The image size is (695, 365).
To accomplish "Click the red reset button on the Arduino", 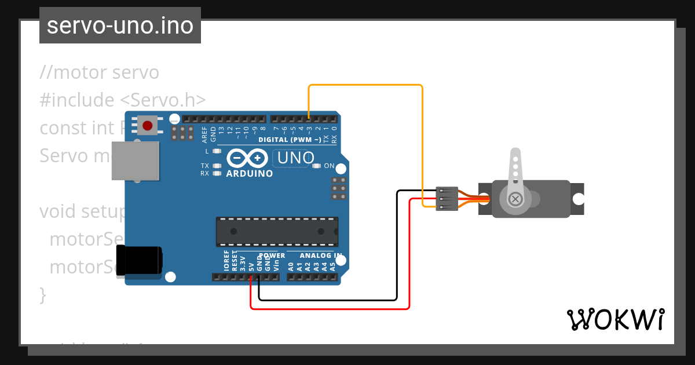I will coord(148,125).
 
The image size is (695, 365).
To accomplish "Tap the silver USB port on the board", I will coord(135,160).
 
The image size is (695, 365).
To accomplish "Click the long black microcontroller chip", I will coord(277,231).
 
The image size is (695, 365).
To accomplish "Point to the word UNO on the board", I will coord(296,158).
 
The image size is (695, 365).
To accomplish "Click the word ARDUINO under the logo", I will coord(250,173).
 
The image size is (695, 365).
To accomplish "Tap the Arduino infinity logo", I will coord(250,158).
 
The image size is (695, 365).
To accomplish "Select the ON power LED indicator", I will coord(316,166).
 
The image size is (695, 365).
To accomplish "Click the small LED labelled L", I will coord(217,151).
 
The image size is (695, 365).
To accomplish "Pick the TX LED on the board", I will coord(217,166).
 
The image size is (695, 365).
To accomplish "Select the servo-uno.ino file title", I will coord(120,25).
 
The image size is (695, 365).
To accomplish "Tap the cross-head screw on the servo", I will coord(514,199).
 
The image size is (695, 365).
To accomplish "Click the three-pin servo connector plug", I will coord(447,199).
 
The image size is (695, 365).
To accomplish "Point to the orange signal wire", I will coord(365,85).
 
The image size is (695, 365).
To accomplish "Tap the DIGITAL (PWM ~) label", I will coord(290,140).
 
